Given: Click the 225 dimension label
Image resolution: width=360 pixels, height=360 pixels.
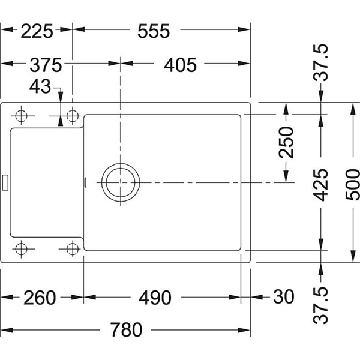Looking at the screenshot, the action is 37,31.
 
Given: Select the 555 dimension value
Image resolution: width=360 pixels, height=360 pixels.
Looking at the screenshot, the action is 154,31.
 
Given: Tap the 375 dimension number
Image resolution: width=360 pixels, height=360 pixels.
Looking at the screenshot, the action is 46,65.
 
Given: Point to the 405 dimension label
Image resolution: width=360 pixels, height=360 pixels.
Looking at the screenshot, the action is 180,65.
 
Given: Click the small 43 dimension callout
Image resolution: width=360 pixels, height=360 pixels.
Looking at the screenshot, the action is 40,86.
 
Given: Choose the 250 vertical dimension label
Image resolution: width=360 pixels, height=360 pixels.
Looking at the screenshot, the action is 286,142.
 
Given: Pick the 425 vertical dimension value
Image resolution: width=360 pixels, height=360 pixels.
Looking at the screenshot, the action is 321,185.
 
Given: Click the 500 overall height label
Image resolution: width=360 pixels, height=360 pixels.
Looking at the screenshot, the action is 353,185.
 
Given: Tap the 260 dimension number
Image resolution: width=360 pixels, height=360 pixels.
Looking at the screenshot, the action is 40,298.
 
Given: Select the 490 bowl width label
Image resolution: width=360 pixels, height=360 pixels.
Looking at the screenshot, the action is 155,298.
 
